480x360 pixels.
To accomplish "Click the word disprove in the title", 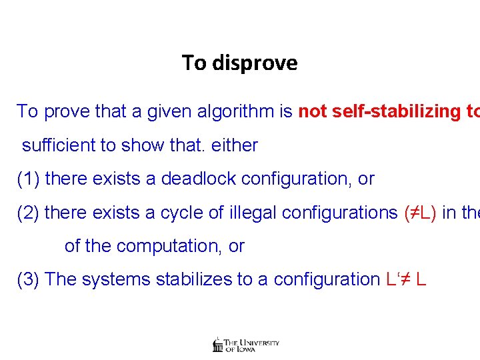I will [x=255, y=63].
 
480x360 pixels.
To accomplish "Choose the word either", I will [x=234, y=145].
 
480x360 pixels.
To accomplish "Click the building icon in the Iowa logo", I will [x=217, y=344].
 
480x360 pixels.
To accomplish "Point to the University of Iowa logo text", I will [x=252, y=345].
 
